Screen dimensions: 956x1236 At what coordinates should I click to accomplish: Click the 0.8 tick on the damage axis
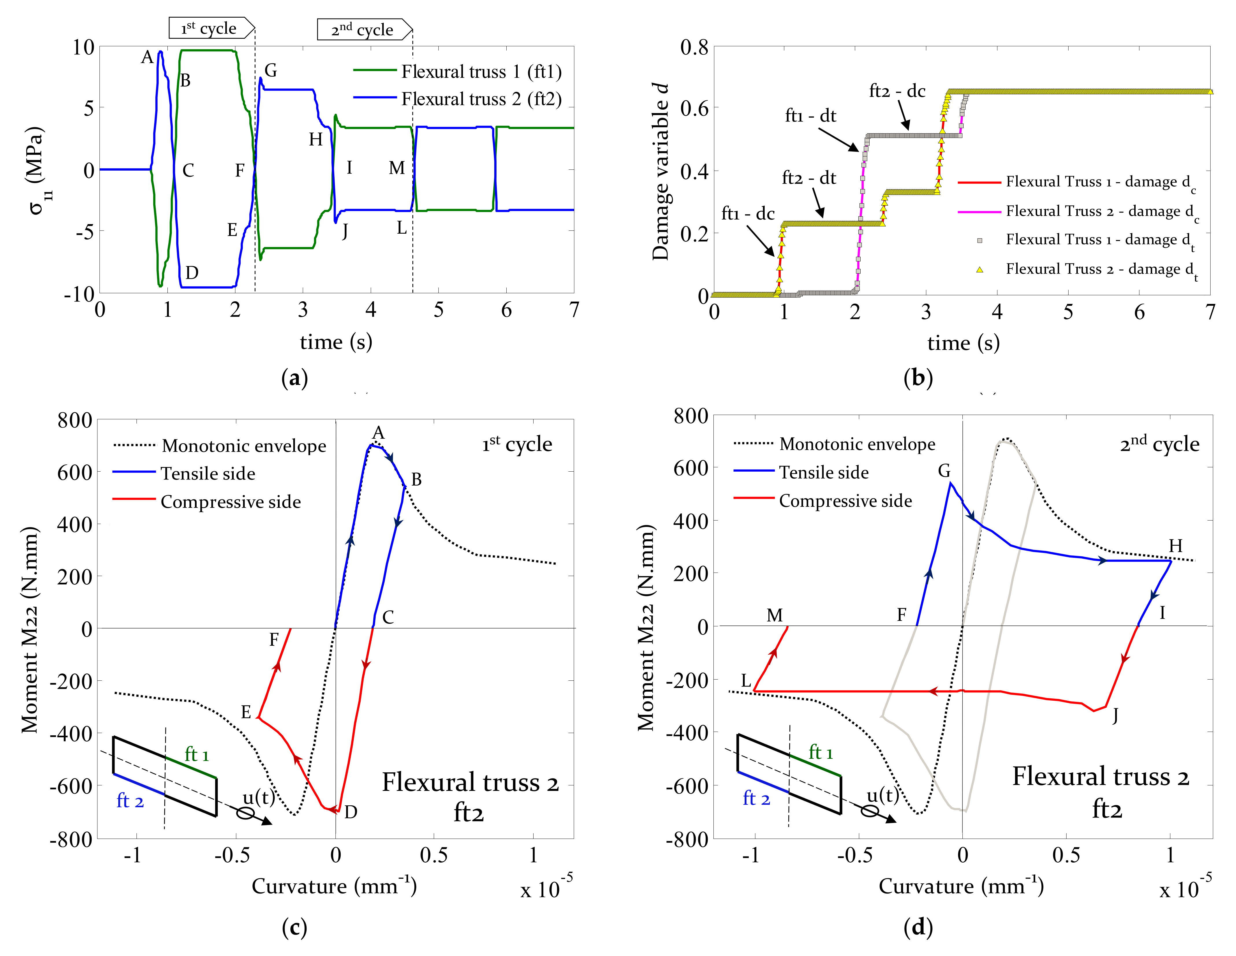coord(694,47)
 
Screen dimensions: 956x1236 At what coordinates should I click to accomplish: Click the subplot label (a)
coord(294,378)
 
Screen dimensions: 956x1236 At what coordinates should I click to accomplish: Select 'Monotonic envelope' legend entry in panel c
coord(243,446)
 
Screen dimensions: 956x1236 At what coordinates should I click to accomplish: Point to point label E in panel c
coord(246,712)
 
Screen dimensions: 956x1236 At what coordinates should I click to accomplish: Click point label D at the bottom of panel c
coord(351,812)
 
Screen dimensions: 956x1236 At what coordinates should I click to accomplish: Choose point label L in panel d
coord(746,681)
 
